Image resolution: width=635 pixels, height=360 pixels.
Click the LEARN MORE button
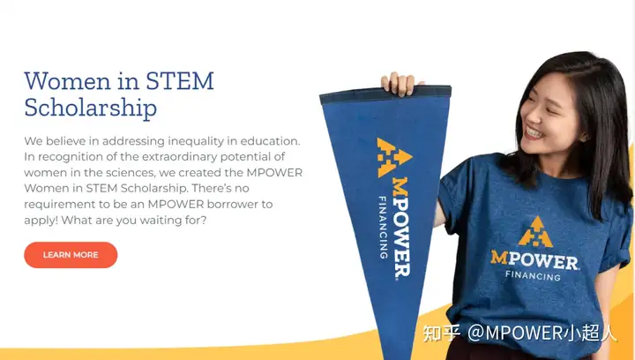coord(71,255)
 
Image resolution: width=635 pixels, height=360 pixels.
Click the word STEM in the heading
coord(179,81)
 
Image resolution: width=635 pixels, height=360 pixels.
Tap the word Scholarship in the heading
coord(90,109)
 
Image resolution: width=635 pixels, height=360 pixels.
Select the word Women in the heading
coord(67,81)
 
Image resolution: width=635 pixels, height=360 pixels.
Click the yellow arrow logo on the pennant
coord(392,157)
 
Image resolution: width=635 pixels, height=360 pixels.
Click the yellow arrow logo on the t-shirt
coord(535,232)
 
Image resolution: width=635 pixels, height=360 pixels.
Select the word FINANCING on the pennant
coord(383,227)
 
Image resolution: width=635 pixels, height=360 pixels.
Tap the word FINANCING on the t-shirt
coord(533,276)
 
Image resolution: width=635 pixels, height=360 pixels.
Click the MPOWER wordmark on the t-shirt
coord(534,260)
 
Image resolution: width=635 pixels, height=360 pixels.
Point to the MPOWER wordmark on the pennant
coord(400,227)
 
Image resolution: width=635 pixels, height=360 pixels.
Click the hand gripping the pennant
coord(399,84)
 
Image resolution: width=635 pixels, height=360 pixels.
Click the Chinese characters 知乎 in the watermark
coord(442,333)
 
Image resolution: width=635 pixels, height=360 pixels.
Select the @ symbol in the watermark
coord(476,333)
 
